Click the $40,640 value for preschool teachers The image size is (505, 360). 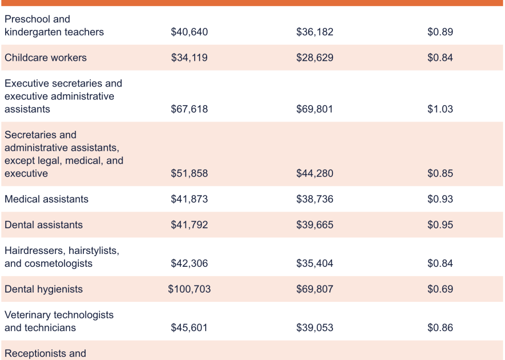point(189,32)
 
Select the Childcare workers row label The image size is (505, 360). point(45,58)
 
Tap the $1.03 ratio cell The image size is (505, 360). point(440,109)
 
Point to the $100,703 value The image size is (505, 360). point(189,289)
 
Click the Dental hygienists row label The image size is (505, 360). point(43,289)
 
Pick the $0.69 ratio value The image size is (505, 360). point(440,289)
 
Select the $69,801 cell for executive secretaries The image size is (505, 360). point(314,109)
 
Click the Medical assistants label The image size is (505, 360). point(46,199)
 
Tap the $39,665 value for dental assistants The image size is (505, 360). point(314,225)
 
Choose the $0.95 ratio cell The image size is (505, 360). point(440,225)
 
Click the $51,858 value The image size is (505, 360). point(189,174)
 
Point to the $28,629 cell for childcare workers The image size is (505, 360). point(314,58)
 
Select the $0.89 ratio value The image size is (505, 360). point(440,32)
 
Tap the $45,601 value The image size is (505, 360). point(189,328)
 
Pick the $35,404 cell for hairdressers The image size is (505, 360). point(314,264)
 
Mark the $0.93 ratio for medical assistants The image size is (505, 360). point(440,199)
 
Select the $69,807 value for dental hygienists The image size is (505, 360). point(314,289)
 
